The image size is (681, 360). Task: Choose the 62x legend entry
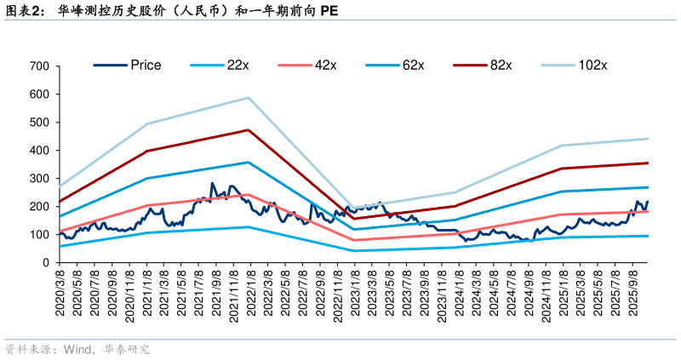(414, 65)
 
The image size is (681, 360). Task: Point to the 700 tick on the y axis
(40, 66)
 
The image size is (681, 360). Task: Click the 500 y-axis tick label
(40, 122)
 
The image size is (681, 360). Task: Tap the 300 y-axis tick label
(40, 178)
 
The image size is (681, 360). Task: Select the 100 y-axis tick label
(40, 234)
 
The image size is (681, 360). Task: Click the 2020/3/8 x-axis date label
(60, 292)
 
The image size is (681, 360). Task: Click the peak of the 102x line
(248, 97)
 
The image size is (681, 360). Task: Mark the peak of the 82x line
(248, 129)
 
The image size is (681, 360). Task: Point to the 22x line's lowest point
(353, 250)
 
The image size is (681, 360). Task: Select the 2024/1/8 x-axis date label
(459, 292)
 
